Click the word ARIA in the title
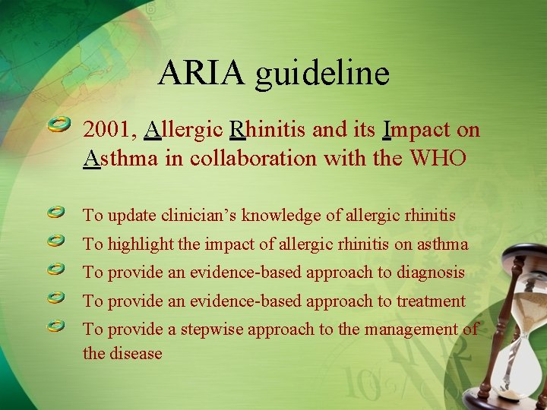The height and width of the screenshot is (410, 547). click(203, 73)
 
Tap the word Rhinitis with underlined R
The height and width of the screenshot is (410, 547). click(268, 131)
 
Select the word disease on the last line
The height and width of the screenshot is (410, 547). click(137, 354)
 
